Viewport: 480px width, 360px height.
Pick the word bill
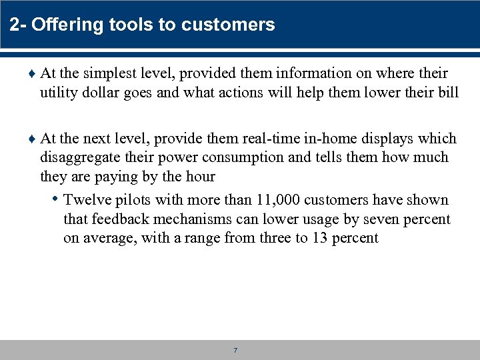(x=447, y=92)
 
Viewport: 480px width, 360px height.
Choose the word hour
(x=201, y=176)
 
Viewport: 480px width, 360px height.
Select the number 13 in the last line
(x=319, y=238)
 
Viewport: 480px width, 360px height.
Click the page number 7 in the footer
(x=236, y=350)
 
